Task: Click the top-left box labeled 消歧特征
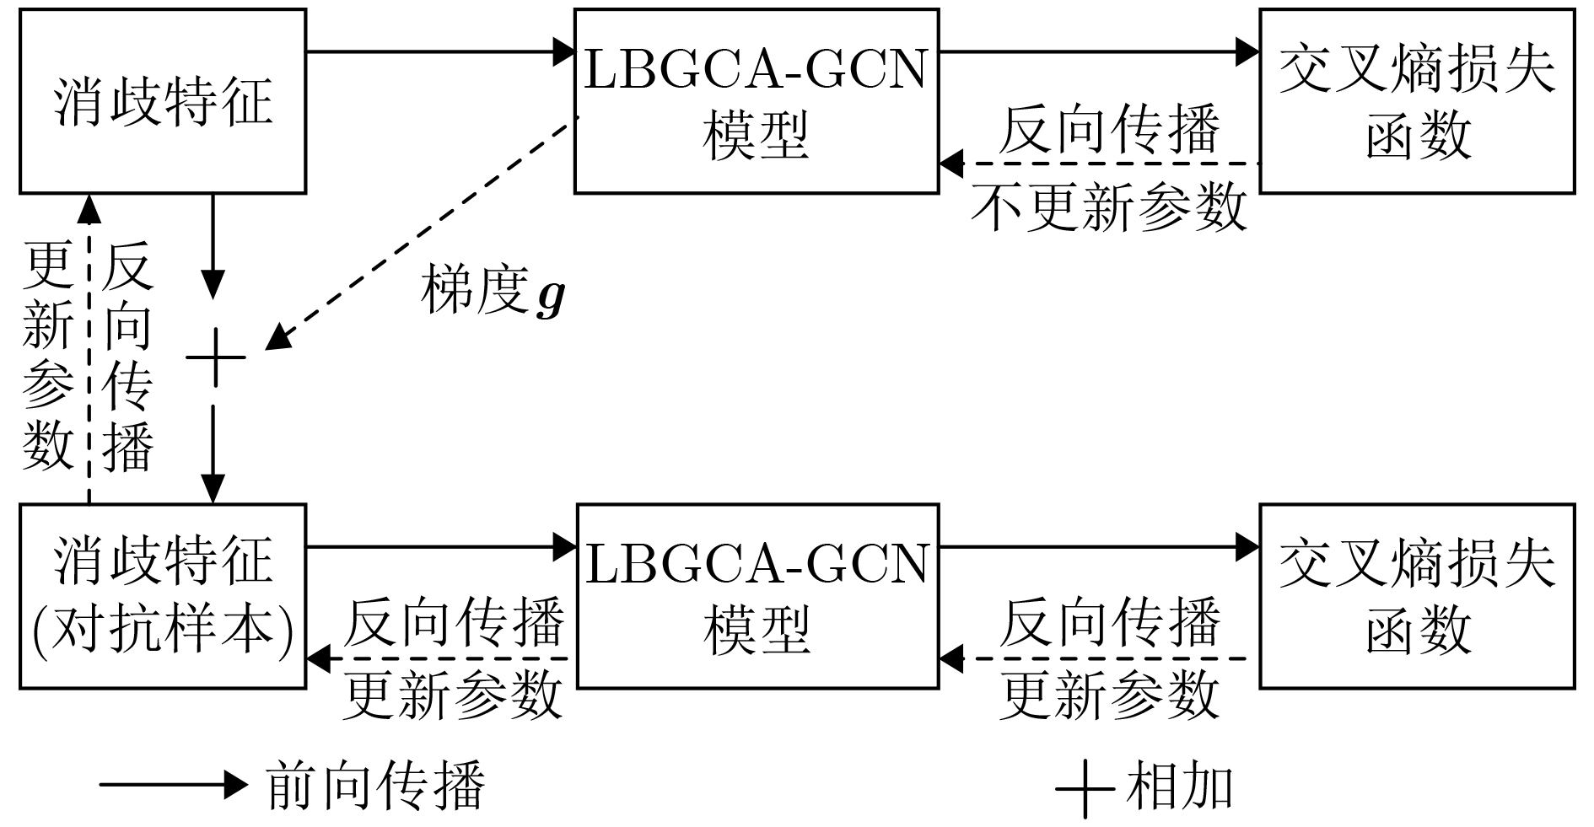point(163,101)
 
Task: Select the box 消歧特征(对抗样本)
point(163,596)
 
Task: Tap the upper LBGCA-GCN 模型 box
point(757,101)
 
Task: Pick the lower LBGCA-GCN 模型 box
point(757,596)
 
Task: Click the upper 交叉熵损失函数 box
point(1417,101)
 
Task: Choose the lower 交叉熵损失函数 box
point(1417,596)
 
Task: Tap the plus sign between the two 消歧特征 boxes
point(216,357)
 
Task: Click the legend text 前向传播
point(376,786)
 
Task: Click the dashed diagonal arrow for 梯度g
point(422,232)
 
